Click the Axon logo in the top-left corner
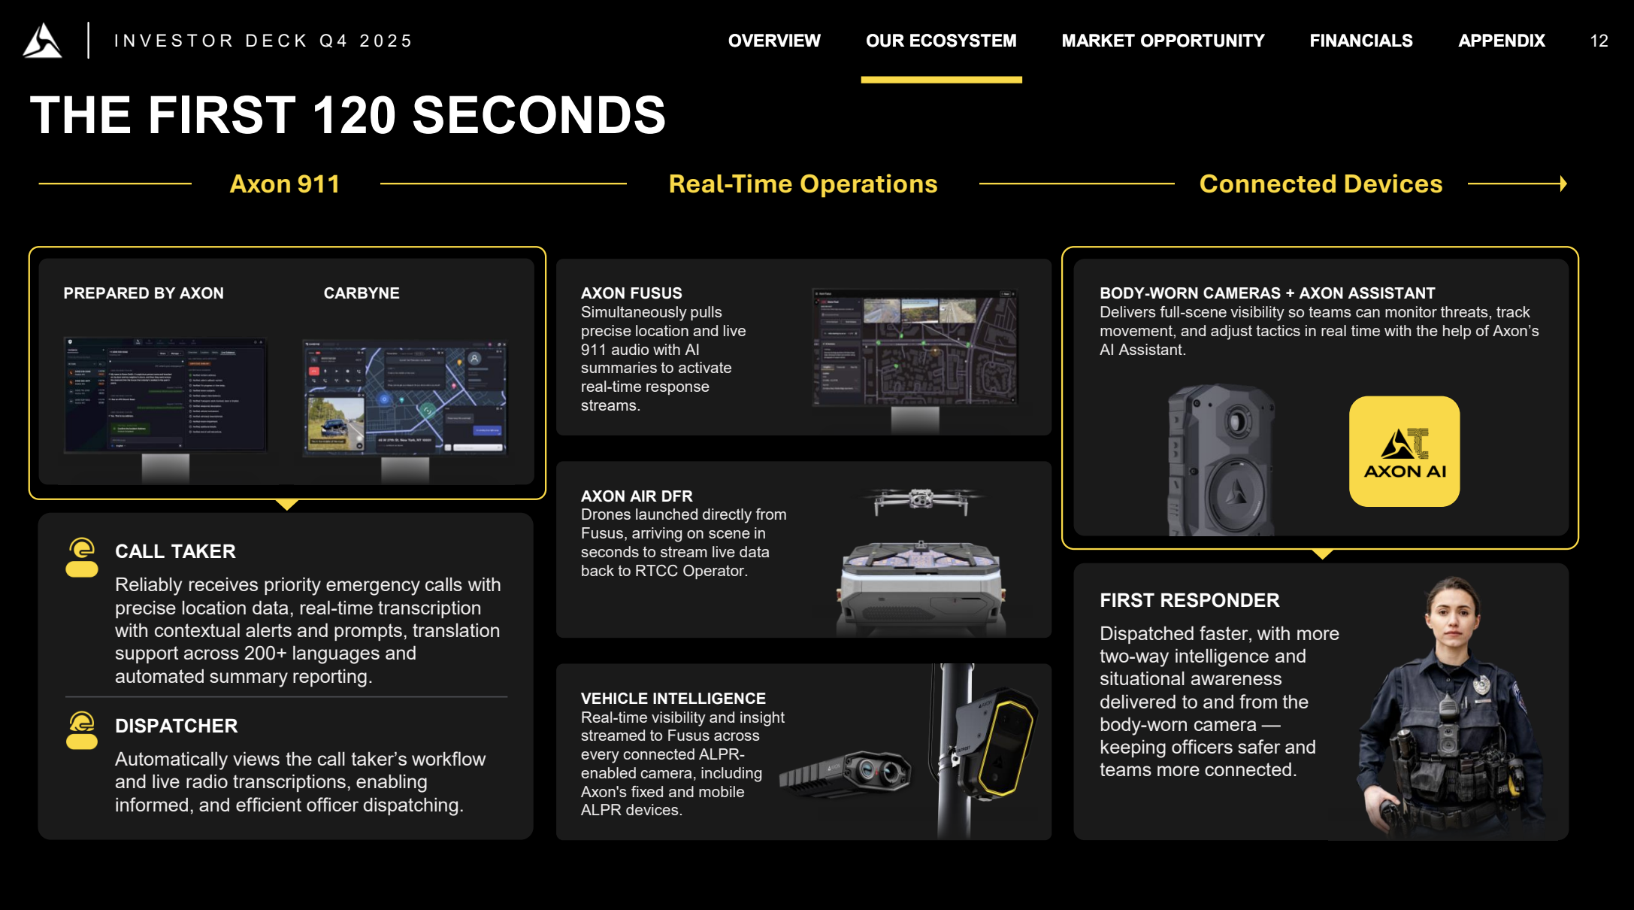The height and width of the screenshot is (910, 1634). [42, 41]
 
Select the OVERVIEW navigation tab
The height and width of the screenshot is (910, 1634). [774, 41]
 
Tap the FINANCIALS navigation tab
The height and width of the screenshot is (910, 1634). [1360, 41]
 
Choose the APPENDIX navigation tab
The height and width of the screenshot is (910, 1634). [1501, 41]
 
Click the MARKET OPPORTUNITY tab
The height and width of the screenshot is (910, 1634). [1163, 41]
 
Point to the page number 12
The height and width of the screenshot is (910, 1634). [1599, 41]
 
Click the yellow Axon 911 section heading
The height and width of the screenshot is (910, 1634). [285, 184]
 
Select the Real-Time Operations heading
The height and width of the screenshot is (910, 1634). [803, 184]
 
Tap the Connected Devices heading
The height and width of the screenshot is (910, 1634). [1321, 184]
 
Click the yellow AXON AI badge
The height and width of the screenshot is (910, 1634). [1404, 451]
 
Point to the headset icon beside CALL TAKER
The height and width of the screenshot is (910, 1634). [82, 557]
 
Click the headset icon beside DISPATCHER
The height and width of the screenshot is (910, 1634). [82, 731]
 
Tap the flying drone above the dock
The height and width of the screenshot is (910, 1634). [921, 499]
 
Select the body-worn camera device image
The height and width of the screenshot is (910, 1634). [1221, 460]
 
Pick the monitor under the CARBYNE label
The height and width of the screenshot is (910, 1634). [405, 399]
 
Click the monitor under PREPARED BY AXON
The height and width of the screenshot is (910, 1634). [165, 396]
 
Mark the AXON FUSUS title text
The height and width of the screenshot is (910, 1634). [631, 293]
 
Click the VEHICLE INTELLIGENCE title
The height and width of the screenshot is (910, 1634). [673, 699]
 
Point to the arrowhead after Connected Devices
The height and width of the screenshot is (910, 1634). [1563, 184]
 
